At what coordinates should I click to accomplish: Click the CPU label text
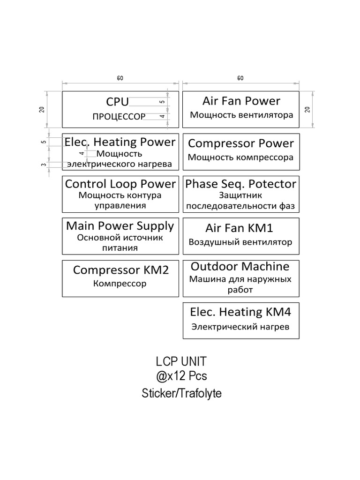[x=117, y=101]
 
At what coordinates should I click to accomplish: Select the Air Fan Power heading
[x=241, y=101]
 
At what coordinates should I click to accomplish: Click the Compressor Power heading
[x=241, y=143]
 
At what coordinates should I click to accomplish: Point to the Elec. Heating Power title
[x=120, y=142]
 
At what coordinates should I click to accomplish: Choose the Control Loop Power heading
[x=120, y=184]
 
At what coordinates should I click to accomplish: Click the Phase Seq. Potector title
[x=241, y=184]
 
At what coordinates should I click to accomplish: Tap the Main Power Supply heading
[x=120, y=225]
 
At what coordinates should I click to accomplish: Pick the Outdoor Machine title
[x=240, y=266]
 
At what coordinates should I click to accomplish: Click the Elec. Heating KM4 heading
[x=240, y=312]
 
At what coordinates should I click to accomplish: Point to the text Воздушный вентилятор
[x=240, y=242]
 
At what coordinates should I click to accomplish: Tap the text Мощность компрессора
[x=240, y=157]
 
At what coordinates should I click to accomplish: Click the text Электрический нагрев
[x=240, y=327]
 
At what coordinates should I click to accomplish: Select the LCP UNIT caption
[x=181, y=362]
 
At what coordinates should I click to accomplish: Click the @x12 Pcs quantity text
[x=181, y=376]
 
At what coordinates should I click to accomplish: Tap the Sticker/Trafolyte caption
[x=181, y=393]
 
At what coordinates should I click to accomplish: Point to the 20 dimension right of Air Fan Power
[x=308, y=109]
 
